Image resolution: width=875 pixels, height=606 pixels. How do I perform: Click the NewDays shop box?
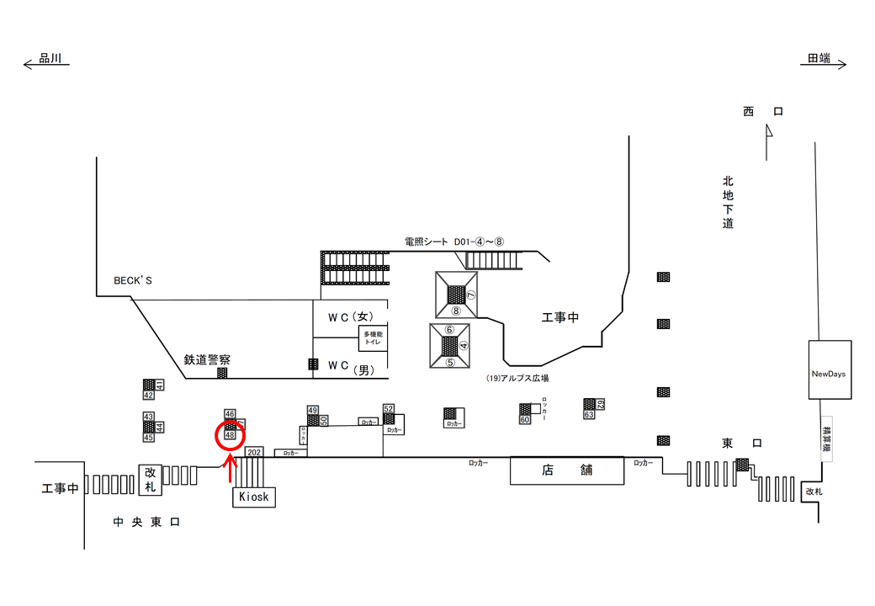coord(829,371)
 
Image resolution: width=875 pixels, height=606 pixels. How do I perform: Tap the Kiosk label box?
coord(253,497)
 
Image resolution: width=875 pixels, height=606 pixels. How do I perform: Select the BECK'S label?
coord(133,280)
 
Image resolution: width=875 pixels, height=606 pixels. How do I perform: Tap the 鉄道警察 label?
coord(207,359)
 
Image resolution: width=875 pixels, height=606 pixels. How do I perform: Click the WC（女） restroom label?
coord(349,316)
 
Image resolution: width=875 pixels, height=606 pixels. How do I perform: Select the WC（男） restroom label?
coord(349,366)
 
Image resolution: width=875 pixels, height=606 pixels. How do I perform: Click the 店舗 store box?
coord(568,470)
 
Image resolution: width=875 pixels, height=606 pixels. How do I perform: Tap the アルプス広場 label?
coord(517,379)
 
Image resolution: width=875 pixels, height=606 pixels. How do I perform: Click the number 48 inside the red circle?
coord(230,435)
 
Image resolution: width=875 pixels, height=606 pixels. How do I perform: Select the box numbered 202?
coord(253,452)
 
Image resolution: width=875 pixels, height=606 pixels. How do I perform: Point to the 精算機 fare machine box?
coord(826,436)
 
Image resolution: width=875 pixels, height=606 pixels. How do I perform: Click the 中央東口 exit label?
coord(146,523)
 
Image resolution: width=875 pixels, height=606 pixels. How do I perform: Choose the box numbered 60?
coord(524,419)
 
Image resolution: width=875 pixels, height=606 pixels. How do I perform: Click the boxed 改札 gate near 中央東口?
coord(151,480)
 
